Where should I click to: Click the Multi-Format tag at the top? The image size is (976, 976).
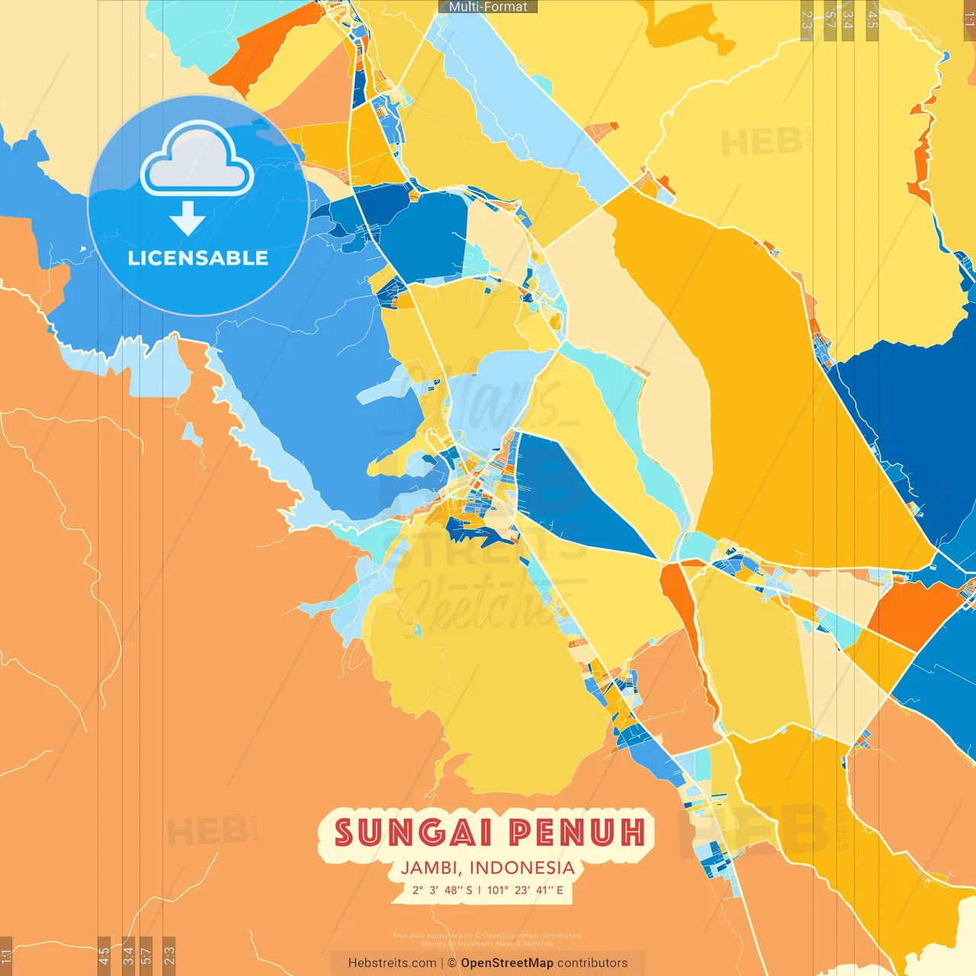[488, 7]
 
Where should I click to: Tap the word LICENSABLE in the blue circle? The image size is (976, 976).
[197, 258]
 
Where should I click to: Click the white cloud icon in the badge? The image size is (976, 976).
[197, 162]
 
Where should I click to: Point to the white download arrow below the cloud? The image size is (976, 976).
[188, 219]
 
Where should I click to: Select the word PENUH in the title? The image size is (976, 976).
[577, 833]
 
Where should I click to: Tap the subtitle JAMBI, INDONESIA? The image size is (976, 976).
[488, 868]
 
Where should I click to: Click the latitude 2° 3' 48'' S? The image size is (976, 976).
[443, 890]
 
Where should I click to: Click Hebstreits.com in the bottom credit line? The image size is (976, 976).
[392, 963]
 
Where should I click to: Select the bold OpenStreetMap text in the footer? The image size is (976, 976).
[507, 963]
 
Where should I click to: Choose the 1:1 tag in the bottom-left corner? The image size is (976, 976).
[6, 956]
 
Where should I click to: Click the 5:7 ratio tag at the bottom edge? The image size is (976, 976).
[146, 955]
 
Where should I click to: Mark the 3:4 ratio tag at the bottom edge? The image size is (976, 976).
[128, 955]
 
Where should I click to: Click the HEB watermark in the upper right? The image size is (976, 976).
[761, 143]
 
